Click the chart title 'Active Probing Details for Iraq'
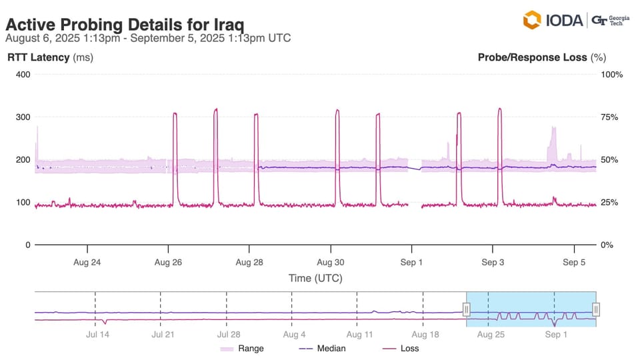click(125, 25)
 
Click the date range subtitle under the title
click(148, 38)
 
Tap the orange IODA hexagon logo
click(531, 20)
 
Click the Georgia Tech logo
click(610, 20)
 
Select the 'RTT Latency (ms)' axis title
click(50, 57)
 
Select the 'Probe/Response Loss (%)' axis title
click(541, 57)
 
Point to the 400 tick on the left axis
click(23, 74)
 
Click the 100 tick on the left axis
click(23, 202)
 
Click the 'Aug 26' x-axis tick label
click(168, 263)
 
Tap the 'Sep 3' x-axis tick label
click(493, 263)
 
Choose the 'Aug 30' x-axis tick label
click(330, 263)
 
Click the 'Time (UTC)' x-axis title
click(315, 278)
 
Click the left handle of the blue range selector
click(467, 309)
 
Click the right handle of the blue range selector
click(596, 309)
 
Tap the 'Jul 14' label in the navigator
click(97, 335)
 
